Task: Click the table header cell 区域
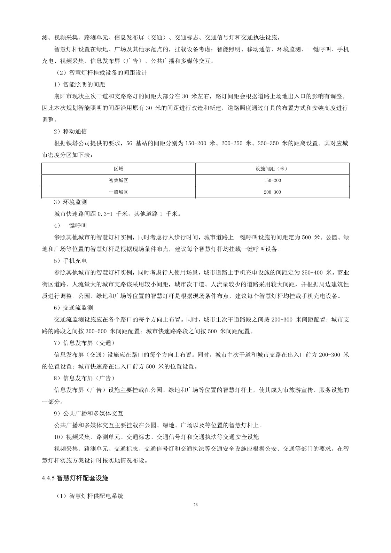[x=118, y=169]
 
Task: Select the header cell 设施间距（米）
[x=272, y=169]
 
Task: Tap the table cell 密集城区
[x=118, y=180]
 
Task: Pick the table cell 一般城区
[x=118, y=192]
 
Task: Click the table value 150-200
[x=272, y=180]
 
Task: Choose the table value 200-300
[x=272, y=192]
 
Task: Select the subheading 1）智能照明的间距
[x=79, y=84]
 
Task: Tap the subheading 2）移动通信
[x=70, y=131]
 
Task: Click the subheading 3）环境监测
[x=70, y=202]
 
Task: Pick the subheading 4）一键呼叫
[x=70, y=225]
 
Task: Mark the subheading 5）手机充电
[x=70, y=260]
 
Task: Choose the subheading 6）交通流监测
[x=73, y=308]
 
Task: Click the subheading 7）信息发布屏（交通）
[x=84, y=343]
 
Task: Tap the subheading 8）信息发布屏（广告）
[x=84, y=378]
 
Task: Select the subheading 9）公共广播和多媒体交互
[x=88, y=413]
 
